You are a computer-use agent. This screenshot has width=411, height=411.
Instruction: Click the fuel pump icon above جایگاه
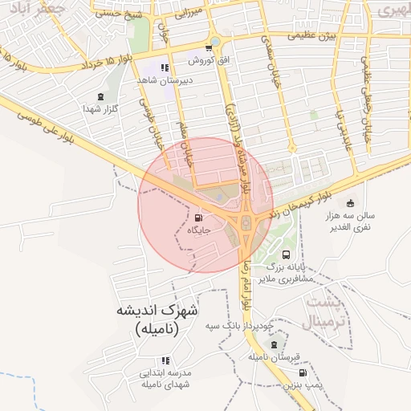199,218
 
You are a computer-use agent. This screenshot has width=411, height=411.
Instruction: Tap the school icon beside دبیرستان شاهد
165,68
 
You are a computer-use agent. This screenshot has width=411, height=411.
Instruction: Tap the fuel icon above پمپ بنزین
302,373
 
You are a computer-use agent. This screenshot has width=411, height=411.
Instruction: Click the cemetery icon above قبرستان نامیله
274,344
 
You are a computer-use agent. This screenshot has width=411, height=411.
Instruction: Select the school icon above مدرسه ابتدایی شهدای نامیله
165,361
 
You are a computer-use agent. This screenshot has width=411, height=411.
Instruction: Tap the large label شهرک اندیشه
158,311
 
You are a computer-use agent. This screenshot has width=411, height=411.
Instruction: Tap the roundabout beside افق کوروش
214,43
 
